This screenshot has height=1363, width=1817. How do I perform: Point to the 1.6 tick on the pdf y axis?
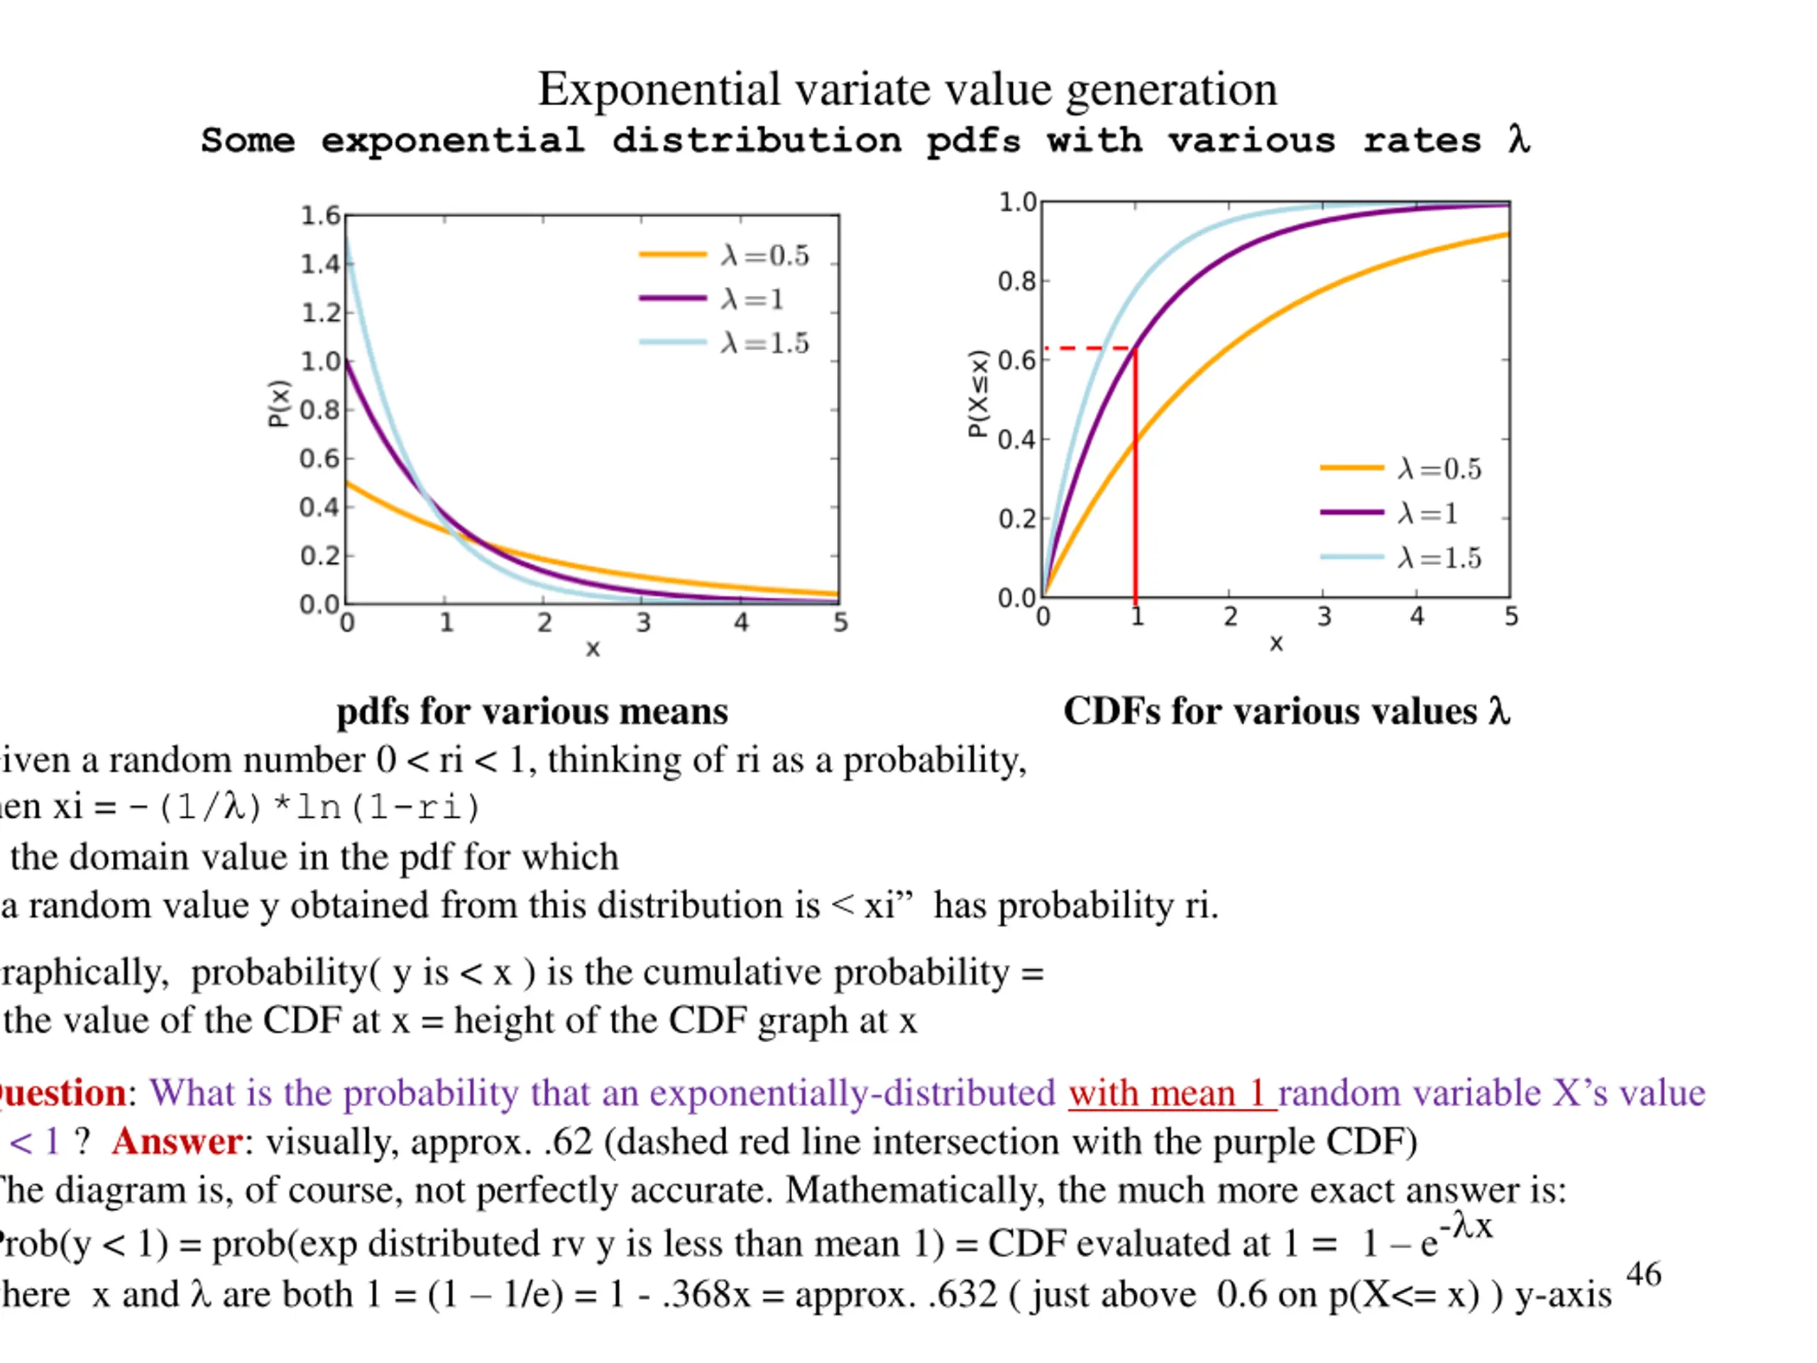319,216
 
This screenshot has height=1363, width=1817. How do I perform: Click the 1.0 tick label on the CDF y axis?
1017,202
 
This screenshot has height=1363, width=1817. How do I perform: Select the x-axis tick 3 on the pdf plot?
643,623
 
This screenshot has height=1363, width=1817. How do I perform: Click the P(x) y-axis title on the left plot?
279,403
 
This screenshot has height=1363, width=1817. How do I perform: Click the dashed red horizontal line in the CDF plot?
1088,349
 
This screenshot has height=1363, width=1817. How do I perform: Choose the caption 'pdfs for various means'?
532,711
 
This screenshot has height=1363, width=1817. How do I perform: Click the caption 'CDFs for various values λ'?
1286,711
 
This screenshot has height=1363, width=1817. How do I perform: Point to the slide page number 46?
1644,1274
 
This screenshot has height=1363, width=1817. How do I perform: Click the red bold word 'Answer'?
177,1142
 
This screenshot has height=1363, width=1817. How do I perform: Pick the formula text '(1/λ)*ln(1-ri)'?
319,808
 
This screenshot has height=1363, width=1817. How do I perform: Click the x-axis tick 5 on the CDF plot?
1510,617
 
